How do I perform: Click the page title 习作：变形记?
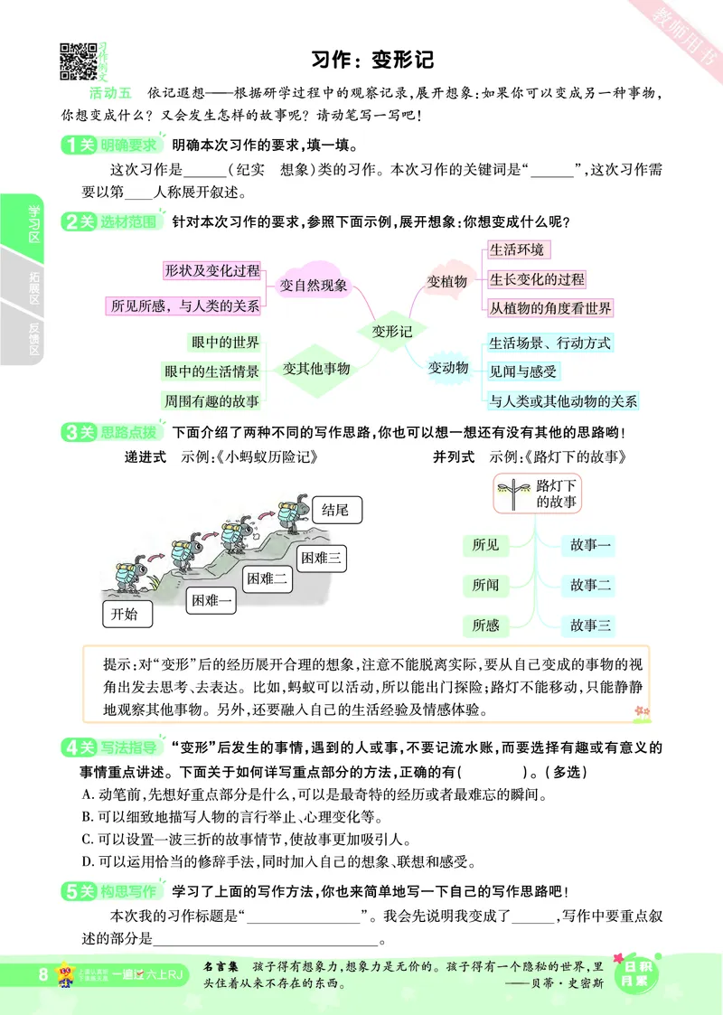point(372,60)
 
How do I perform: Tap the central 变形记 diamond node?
point(391,332)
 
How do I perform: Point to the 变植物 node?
point(446,282)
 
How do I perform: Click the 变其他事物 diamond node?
point(315,369)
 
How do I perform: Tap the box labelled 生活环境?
point(517,250)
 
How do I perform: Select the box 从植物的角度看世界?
point(550,307)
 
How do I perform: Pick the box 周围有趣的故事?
point(211,400)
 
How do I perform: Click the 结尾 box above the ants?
point(334,511)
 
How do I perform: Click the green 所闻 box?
point(485,585)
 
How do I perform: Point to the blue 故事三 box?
point(591,625)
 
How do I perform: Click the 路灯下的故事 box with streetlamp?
point(539,493)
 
